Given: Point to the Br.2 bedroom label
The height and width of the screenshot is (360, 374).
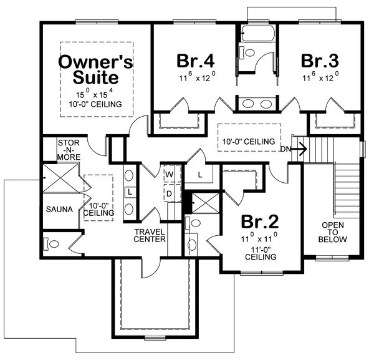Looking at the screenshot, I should [x=259, y=223].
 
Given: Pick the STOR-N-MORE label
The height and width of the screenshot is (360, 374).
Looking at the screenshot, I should [x=69, y=151].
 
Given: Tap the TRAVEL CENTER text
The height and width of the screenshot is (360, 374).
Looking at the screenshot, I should [x=150, y=235].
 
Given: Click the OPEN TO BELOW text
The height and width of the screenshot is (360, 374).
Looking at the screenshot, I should [x=333, y=232].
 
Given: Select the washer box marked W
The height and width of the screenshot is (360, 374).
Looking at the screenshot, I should [x=169, y=173].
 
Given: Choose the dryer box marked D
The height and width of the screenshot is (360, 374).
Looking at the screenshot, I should [x=169, y=193].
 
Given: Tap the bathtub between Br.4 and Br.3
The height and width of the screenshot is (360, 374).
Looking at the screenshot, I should [x=256, y=33].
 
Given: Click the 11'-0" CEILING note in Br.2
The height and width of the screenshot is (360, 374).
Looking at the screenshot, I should [x=259, y=251].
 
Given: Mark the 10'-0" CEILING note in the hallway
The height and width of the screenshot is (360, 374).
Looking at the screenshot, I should [x=249, y=142].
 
